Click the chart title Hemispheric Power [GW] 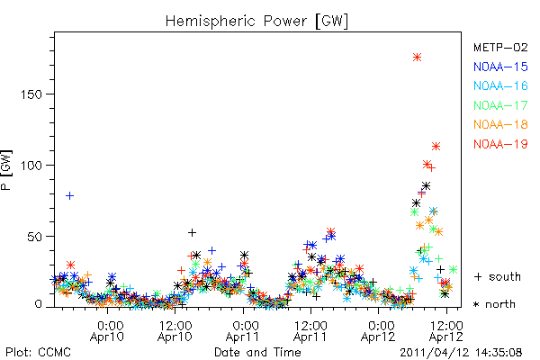pos(256,22)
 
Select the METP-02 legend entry pos(500,47)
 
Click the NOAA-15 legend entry pos(500,67)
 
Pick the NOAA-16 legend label pos(500,85)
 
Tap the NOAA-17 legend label pos(500,105)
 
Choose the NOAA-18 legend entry pos(500,124)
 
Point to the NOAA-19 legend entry pos(500,144)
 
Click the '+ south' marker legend pos(498,276)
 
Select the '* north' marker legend pos(494,304)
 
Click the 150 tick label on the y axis pos(31,94)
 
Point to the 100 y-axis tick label pos(31,166)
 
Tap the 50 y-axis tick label pos(35,237)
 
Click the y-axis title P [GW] pos(6,170)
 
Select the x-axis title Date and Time pos(257,352)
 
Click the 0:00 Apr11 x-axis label pos(243,331)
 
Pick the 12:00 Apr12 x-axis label pos(446,331)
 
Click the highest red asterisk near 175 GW pos(417,58)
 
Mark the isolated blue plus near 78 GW pos(69,195)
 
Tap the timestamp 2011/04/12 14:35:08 pos(461,353)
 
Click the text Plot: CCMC pos(38,352)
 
